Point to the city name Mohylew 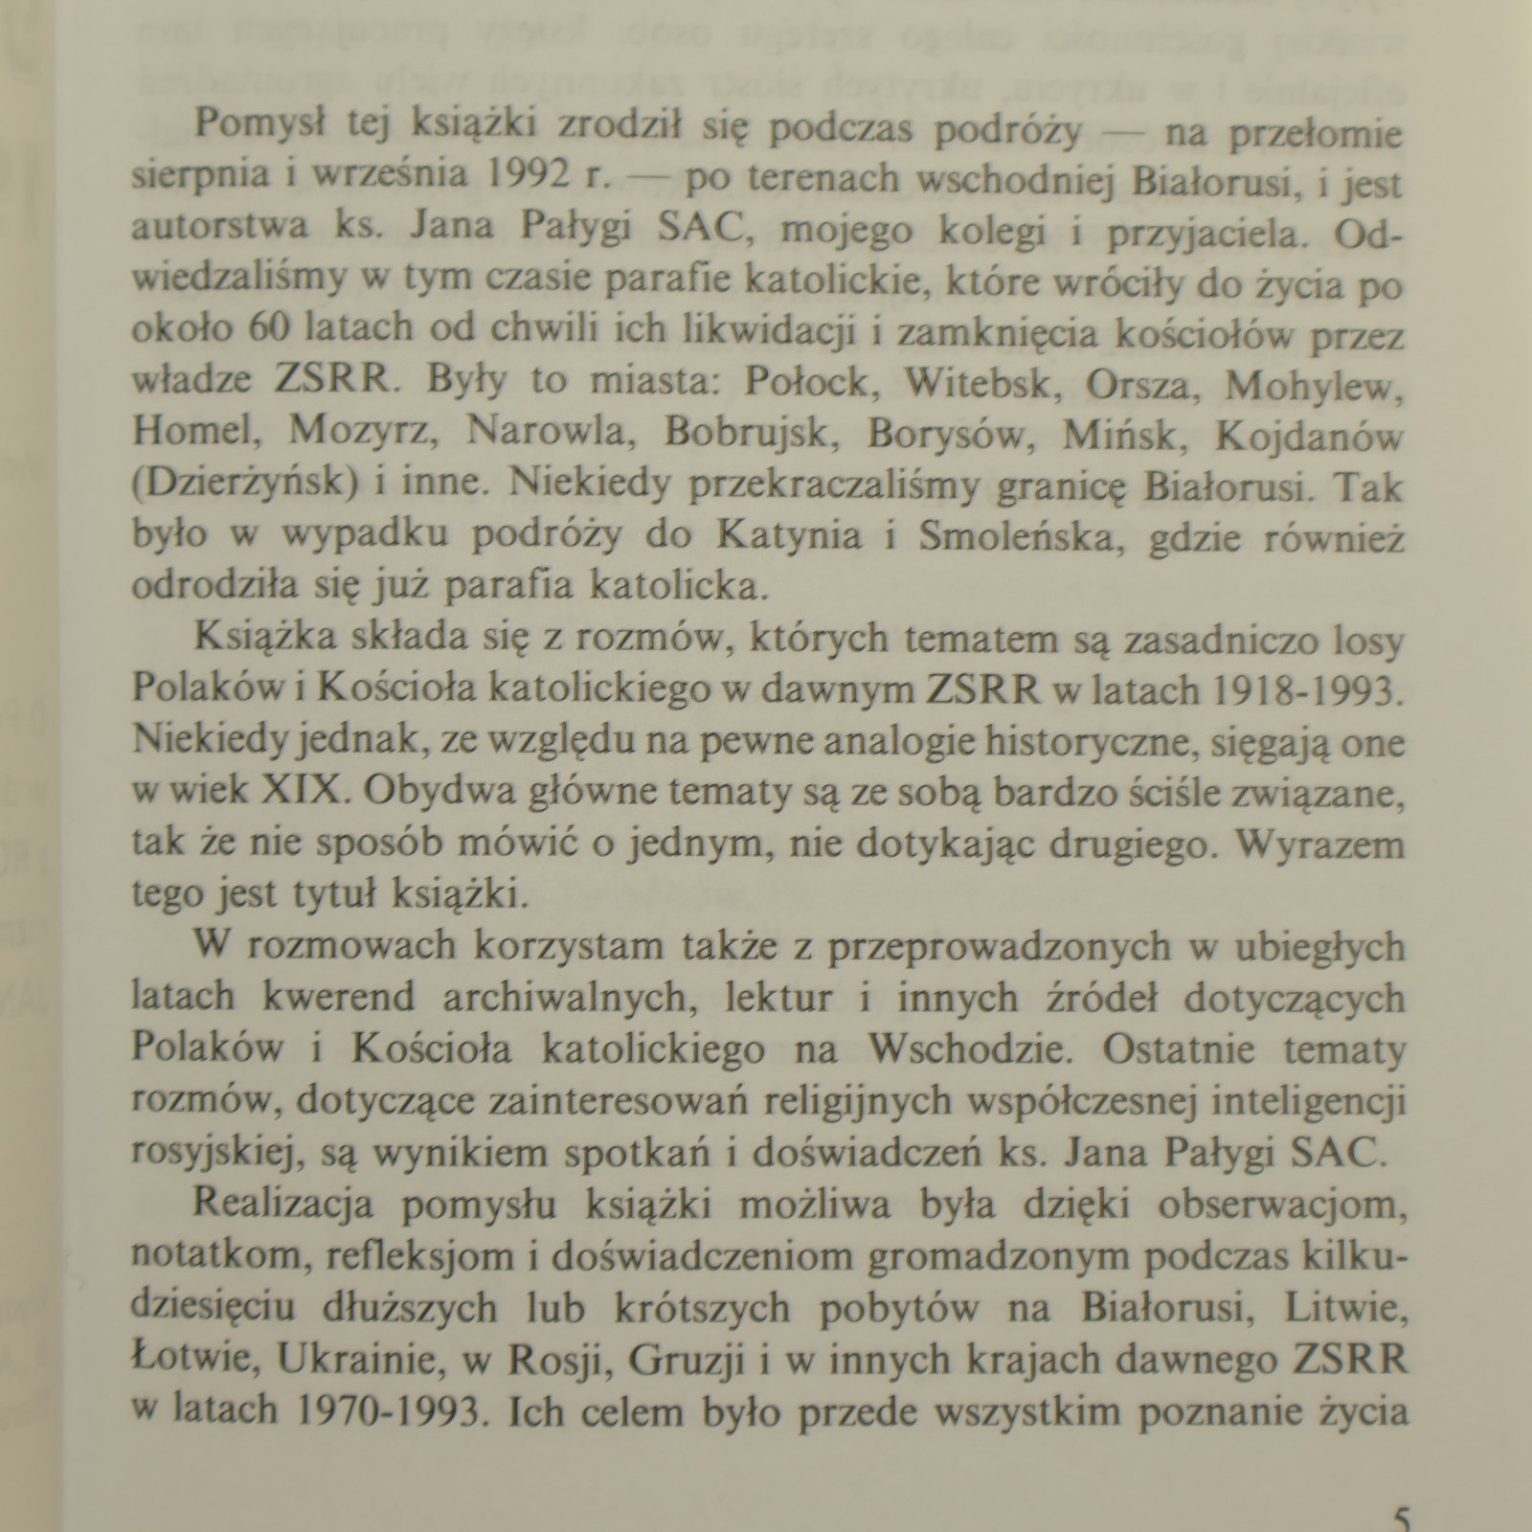pyautogui.click(x=1314, y=383)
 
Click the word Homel pyautogui.click(x=196, y=435)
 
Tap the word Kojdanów pyautogui.click(x=1308, y=435)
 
